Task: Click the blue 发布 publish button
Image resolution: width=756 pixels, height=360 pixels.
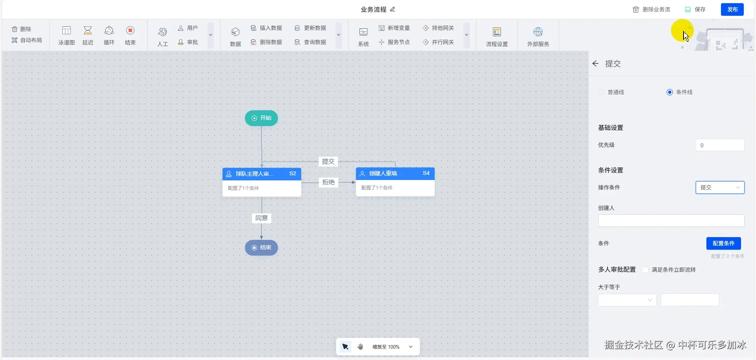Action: tap(732, 9)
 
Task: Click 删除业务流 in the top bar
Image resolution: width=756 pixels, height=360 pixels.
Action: tap(651, 9)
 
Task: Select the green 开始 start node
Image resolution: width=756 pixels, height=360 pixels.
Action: tap(261, 118)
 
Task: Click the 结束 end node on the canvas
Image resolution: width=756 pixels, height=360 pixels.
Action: tap(261, 248)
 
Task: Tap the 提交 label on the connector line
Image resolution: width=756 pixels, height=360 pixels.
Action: tap(328, 161)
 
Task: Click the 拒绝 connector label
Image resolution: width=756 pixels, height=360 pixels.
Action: tap(328, 182)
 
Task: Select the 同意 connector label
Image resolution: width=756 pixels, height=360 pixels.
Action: tap(261, 218)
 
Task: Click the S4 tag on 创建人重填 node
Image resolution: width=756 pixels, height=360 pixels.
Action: tap(426, 173)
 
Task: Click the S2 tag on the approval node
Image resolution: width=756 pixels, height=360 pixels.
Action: tap(293, 174)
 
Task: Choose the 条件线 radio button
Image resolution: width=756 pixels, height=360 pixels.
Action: tap(670, 92)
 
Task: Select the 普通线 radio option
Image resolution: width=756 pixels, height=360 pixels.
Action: tap(601, 92)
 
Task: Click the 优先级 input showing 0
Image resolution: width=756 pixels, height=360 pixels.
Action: tap(720, 145)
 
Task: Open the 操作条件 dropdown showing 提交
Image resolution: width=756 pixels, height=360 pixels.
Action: tap(720, 187)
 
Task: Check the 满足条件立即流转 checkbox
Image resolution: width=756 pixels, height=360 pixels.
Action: tap(645, 270)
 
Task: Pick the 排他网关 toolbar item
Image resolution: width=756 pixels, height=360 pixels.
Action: tap(438, 28)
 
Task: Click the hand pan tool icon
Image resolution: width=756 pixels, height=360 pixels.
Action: tap(360, 347)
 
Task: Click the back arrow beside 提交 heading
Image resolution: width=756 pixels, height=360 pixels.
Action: tap(595, 63)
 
